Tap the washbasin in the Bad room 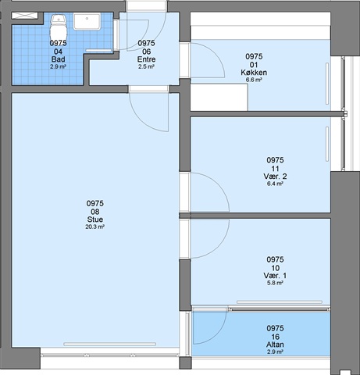pyautogui.click(x=87, y=22)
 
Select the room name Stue pyautogui.click(x=95, y=220)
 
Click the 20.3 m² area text pyautogui.click(x=95, y=227)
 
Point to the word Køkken pyautogui.click(x=254, y=73)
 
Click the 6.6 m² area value pyautogui.click(x=254, y=80)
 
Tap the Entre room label pyautogui.click(x=146, y=59)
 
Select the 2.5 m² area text pyautogui.click(x=146, y=66)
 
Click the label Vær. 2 pyautogui.click(x=275, y=177)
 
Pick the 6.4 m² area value pyautogui.click(x=275, y=184)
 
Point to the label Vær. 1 pyautogui.click(x=275, y=276)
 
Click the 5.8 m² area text pyautogui.click(x=275, y=283)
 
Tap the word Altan pyautogui.click(x=275, y=345)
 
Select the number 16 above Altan pyautogui.click(x=275, y=337)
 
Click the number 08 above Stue pyautogui.click(x=95, y=212)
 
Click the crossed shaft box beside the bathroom pyautogui.click(x=25, y=16)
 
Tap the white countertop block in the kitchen pyautogui.click(x=219, y=98)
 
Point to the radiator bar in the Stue pyautogui.click(x=110, y=344)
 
